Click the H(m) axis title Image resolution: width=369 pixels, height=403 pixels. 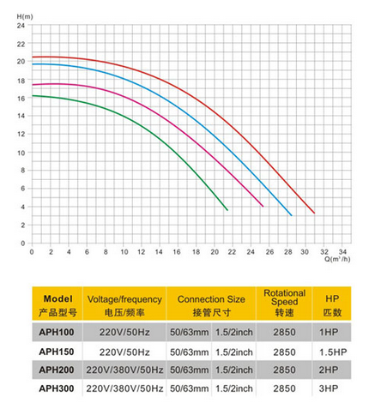coord(25,17)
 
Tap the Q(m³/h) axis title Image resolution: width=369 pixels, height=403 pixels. coord(337,259)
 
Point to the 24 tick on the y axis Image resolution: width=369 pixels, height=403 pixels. coord(21,26)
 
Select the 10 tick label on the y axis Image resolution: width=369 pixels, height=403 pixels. coord(21,153)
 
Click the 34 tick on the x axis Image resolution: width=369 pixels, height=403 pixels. coord(342,252)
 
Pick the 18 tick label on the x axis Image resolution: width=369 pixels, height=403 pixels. coord(196,252)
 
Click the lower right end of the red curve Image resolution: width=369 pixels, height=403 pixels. coord(314,213)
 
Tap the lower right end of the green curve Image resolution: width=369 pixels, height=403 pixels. coord(227,210)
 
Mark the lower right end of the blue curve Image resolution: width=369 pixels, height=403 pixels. coord(292,215)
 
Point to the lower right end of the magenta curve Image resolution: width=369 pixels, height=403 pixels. coord(263,207)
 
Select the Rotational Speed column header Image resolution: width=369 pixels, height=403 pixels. coord(284,303)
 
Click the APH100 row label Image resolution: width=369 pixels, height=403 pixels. coord(57,332)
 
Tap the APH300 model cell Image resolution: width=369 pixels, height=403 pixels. coord(57,388)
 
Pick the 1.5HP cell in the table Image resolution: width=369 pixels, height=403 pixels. coord(333,352)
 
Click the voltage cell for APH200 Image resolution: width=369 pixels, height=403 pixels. coord(124,370)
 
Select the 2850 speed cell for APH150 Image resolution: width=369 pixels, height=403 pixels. coord(284,352)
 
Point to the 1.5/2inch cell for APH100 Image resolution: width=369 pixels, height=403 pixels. coord(234,332)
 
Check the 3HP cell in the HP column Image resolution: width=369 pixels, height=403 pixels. coord(329,388)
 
